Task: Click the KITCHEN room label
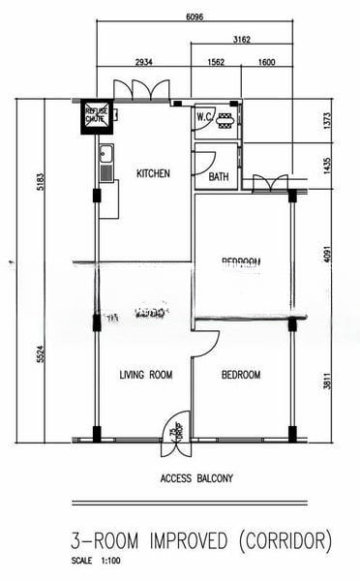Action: tap(153, 174)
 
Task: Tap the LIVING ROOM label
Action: tap(145, 375)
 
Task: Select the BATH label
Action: tap(218, 177)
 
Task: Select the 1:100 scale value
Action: tap(109, 561)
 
